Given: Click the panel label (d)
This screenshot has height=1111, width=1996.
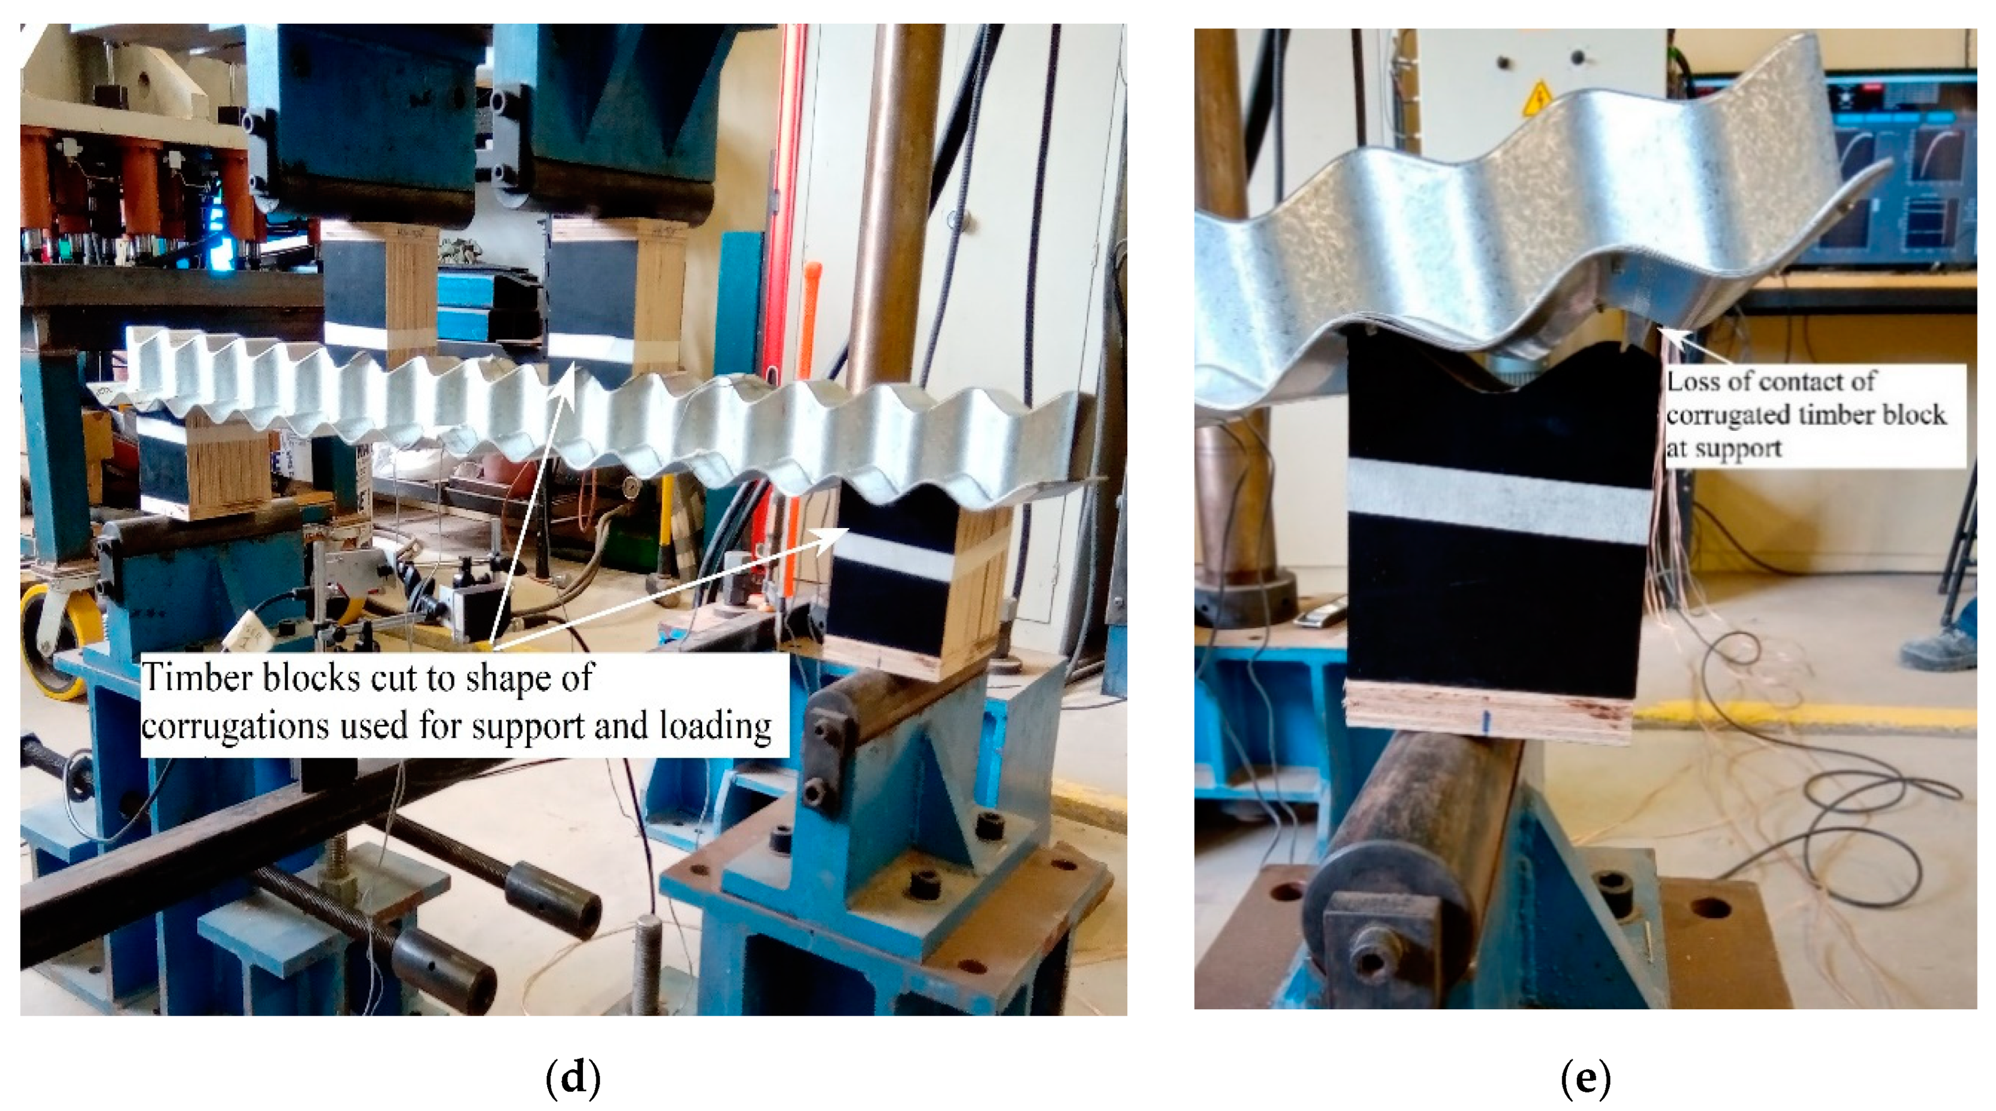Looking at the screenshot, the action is [573, 1077].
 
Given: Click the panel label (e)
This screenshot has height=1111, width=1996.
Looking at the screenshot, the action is [1585, 1077].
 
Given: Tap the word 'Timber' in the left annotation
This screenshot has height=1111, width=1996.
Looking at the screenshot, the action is [198, 677].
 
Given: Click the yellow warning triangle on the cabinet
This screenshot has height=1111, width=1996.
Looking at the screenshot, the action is [1537, 96].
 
